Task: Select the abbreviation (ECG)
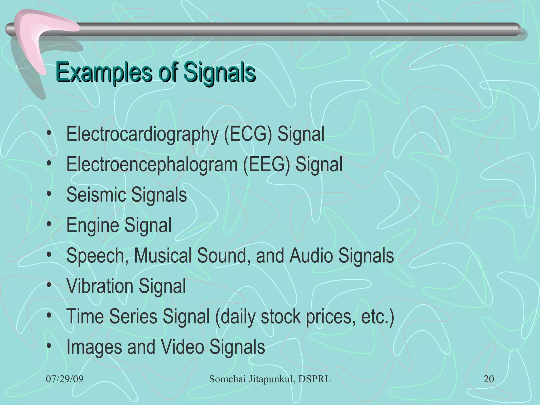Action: (248, 134)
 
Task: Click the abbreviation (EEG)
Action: (266, 165)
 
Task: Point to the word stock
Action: (281, 316)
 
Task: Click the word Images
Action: (94, 347)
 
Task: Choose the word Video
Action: (182, 346)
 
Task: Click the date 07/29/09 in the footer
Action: (65, 379)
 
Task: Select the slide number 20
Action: (489, 379)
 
